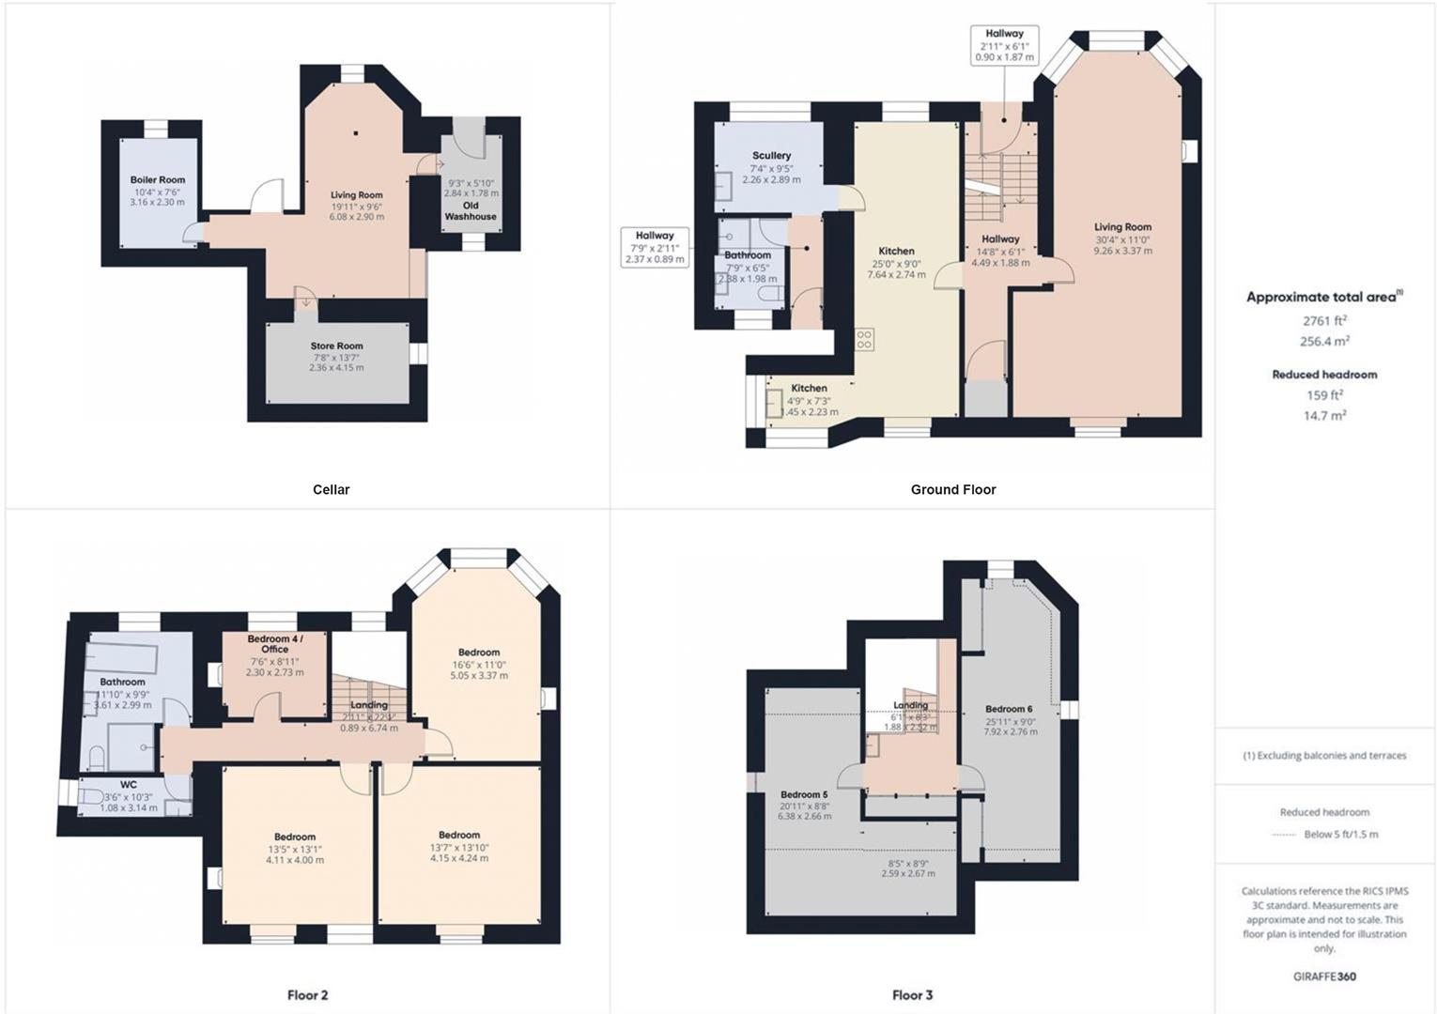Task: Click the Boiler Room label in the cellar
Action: coord(158,179)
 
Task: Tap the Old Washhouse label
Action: coord(471,211)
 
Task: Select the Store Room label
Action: coord(336,346)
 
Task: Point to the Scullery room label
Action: coord(771,156)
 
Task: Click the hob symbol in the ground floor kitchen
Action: coord(864,339)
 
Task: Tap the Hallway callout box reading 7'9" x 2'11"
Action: coord(655,247)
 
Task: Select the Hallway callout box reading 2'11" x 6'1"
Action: coord(1004,45)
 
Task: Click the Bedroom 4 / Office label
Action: coord(274,644)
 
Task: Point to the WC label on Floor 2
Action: coord(129,785)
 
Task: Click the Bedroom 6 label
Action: coord(1009,709)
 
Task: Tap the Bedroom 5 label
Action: coord(804,794)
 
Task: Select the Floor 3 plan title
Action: coord(912,995)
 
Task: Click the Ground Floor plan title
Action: coord(952,489)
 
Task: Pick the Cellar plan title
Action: coord(331,489)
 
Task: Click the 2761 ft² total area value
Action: coord(1324,321)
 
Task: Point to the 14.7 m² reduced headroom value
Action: coord(1324,415)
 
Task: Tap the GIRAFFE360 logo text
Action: coord(1324,976)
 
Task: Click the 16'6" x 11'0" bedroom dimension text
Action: coord(479,664)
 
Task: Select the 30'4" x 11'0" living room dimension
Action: coord(1122,239)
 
